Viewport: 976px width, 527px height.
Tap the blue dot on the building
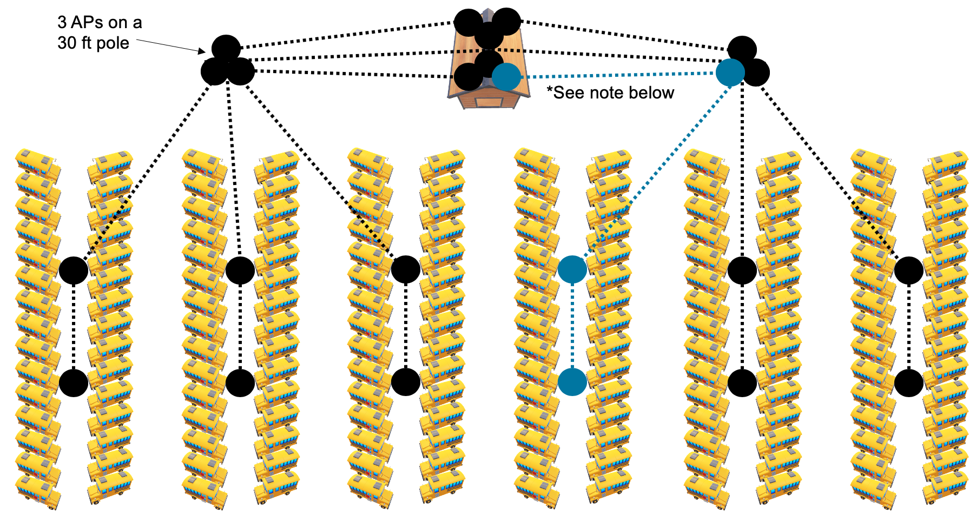(x=506, y=76)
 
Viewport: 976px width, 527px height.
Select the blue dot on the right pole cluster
(x=730, y=73)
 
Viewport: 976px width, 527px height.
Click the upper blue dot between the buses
(x=572, y=269)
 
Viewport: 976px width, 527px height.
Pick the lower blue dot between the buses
(x=572, y=382)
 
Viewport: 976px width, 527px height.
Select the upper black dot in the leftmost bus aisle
(x=74, y=270)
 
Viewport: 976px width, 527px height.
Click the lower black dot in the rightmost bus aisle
(x=909, y=383)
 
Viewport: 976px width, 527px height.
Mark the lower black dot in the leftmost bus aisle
(x=74, y=383)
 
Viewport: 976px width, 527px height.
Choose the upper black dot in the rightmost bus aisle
(x=909, y=270)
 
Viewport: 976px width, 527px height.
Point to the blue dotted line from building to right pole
(x=617, y=75)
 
